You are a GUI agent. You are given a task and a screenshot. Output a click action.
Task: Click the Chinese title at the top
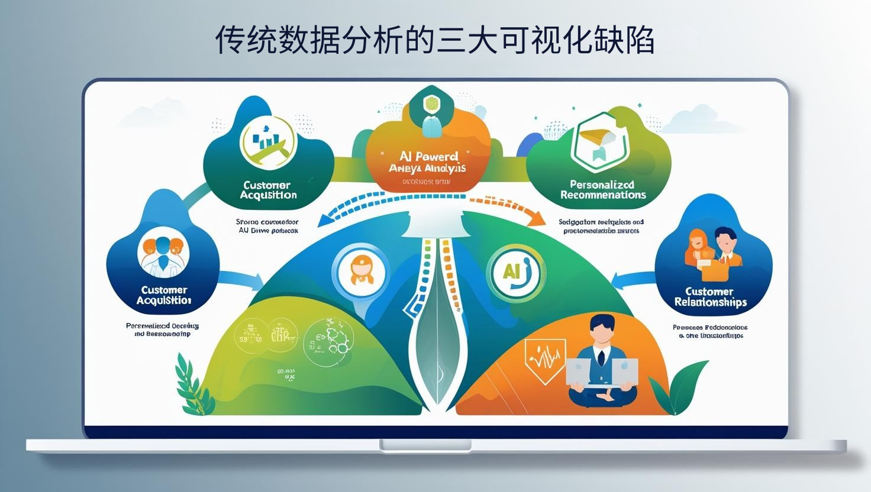(x=434, y=40)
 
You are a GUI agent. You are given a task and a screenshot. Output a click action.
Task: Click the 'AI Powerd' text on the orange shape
(x=429, y=156)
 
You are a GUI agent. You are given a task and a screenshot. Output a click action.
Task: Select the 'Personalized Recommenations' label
(x=603, y=189)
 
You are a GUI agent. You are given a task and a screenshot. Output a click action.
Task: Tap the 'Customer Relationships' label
(x=709, y=296)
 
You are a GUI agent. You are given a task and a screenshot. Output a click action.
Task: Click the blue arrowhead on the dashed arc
(x=325, y=221)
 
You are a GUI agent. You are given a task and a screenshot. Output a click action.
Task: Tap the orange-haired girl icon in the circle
(x=359, y=271)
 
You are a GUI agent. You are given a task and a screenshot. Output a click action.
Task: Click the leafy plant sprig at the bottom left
(x=193, y=384)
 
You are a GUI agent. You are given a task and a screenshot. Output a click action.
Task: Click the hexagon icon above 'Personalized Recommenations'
(x=599, y=140)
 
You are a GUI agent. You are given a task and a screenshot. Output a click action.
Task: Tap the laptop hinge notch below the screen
(x=425, y=445)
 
